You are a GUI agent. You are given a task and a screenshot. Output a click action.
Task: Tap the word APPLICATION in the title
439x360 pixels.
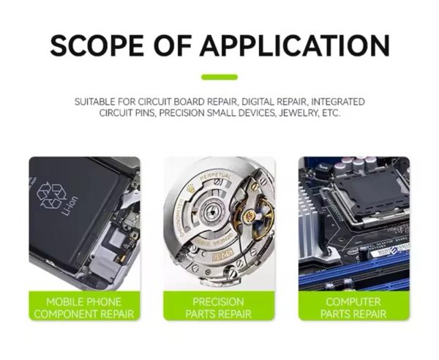[295, 45]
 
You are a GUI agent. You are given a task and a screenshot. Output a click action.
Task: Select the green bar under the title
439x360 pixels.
[219, 77]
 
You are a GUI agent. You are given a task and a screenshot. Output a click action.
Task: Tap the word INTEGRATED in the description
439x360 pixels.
[338, 102]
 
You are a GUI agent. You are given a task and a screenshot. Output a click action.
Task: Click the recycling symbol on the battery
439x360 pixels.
[51, 195]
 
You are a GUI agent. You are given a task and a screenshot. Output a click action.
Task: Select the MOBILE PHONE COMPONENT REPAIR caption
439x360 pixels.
[84, 308]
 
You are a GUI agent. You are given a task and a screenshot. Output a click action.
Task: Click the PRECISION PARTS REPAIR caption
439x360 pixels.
[218, 308]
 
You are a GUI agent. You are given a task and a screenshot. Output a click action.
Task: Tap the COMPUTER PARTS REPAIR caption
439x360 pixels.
[353, 308]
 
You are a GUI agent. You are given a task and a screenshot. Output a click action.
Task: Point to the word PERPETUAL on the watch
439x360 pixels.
[216, 177]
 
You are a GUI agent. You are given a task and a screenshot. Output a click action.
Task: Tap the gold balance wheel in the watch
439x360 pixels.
[254, 216]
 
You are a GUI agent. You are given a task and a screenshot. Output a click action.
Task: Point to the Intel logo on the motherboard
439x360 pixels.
[353, 251]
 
